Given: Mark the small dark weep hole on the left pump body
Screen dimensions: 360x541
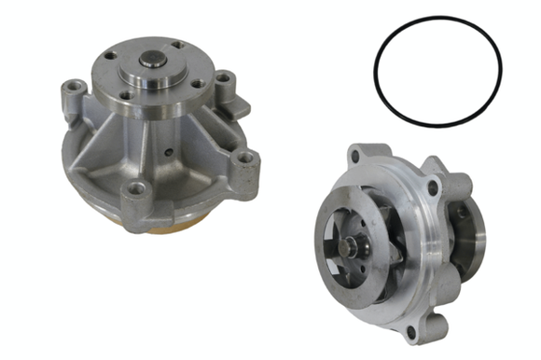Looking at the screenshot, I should [x=167, y=150].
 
